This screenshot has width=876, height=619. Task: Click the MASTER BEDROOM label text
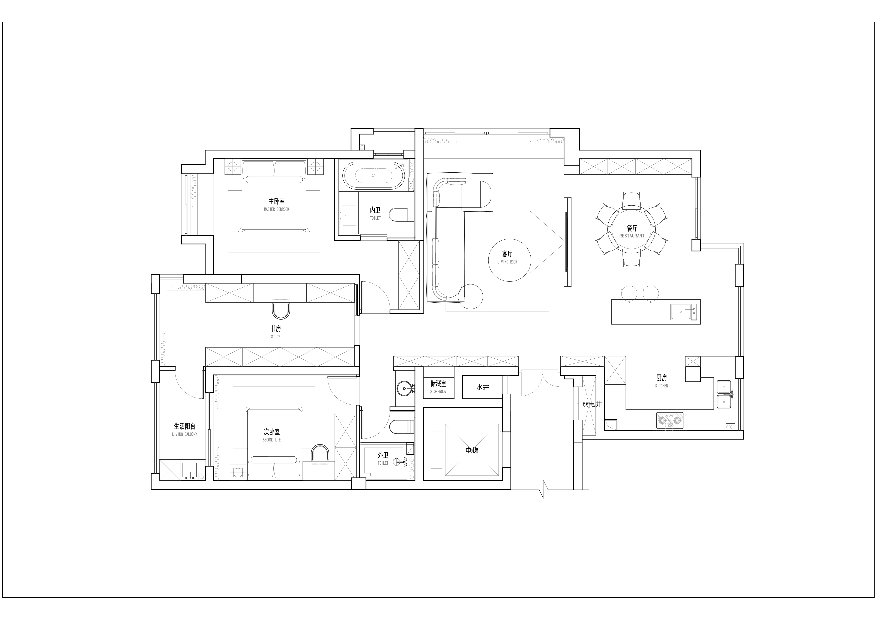pos(277,209)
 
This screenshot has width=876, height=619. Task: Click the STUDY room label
pos(276,337)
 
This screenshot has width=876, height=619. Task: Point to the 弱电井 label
pos(592,404)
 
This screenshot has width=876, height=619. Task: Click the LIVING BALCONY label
pos(185,434)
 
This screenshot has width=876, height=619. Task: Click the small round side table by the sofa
pos(470,296)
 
